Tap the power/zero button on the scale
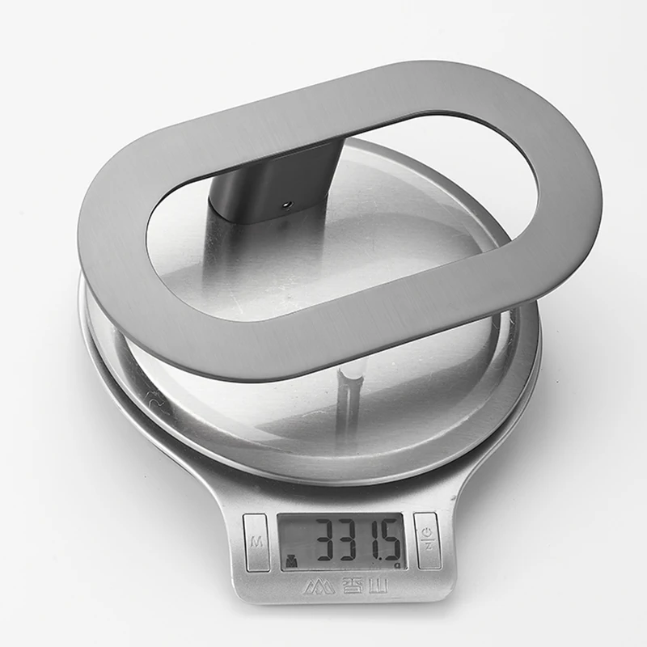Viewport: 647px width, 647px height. click(427, 541)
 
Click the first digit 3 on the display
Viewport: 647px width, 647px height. click(328, 542)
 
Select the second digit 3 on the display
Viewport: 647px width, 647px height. click(352, 542)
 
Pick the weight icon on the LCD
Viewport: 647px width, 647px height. click(292, 561)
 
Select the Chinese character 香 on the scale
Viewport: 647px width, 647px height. click(351, 586)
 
